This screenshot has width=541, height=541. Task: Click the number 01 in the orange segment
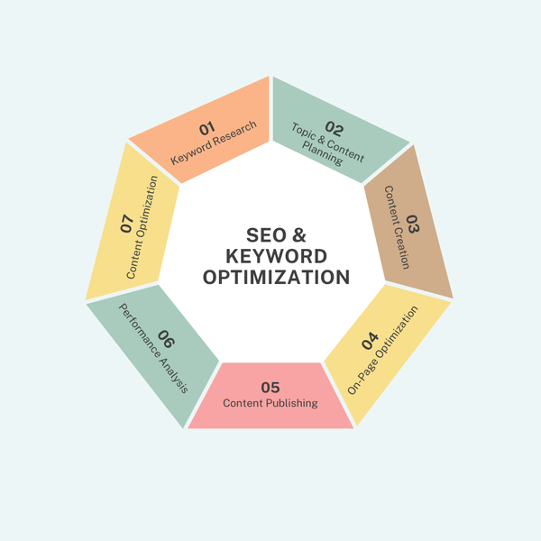pyautogui.click(x=206, y=129)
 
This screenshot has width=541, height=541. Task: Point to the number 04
pyautogui.click(x=369, y=342)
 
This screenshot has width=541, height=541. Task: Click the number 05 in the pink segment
pyautogui.click(x=270, y=387)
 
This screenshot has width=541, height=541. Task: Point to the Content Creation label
pyautogui.click(x=397, y=227)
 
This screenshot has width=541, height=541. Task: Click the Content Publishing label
pyautogui.click(x=270, y=403)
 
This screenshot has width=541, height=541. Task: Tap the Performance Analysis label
pyautogui.click(x=152, y=347)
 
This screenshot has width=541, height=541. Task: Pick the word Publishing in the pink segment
pyautogui.click(x=292, y=403)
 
